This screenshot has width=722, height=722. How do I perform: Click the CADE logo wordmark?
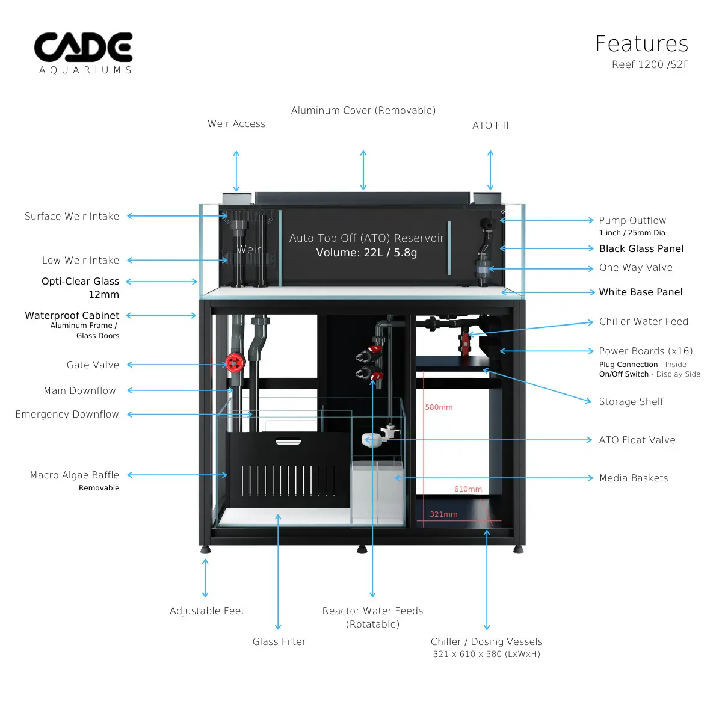[84, 48]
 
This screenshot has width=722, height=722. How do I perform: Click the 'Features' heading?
[641, 44]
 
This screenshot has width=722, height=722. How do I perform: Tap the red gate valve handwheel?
[234, 362]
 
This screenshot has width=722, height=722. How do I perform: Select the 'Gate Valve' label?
[93, 365]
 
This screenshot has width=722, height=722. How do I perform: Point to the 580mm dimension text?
[439, 407]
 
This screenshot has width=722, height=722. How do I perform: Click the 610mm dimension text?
[467, 489]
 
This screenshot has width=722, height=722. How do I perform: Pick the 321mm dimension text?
[443, 514]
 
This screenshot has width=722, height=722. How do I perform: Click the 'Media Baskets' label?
[634, 478]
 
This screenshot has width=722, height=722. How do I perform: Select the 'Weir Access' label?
[236, 123]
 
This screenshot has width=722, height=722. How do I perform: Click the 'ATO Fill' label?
[490, 125]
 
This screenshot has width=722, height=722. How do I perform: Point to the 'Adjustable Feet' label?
[207, 611]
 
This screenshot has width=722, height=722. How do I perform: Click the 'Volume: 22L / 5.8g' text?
[366, 253]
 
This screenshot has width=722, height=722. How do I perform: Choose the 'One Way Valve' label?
[635, 267]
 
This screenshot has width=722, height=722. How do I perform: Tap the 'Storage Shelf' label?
[631, 401]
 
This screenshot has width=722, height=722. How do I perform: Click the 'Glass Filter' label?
[279, 641]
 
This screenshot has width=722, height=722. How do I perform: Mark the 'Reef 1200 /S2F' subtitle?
[650, 64]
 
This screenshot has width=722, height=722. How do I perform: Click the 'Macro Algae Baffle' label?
[75, 475]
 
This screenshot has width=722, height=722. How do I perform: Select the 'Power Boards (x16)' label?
[646, 351]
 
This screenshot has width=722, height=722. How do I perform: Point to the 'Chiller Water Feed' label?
[643, 321]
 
